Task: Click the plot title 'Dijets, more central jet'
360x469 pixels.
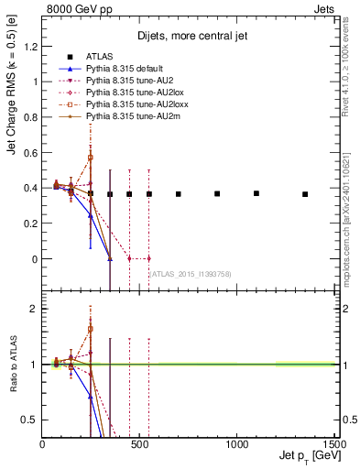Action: [188, 38]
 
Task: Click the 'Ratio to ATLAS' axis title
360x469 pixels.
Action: [12, 363]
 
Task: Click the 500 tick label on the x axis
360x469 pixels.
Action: [139, 444]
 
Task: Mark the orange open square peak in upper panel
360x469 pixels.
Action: [91, 158]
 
